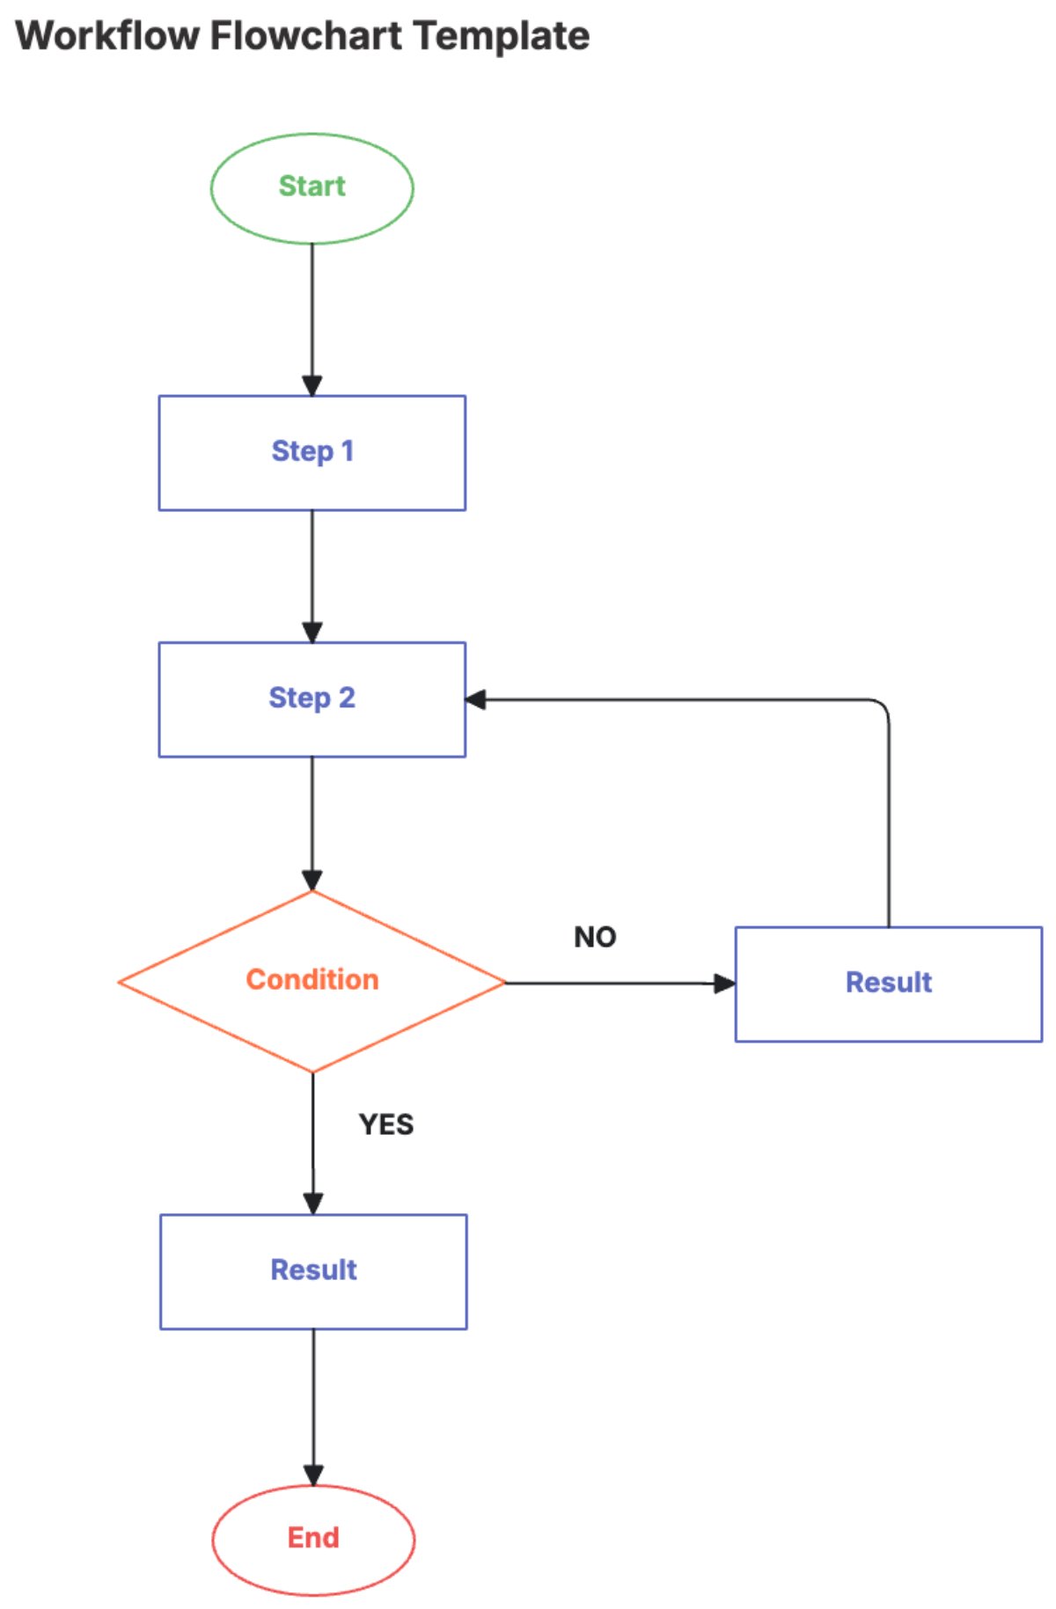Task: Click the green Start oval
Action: [312, 188]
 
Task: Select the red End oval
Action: [313, 1540]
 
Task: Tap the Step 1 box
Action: [312, 452]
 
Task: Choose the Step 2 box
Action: [312, 699]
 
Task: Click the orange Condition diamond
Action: [312, 981]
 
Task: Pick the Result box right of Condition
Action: [888, 984]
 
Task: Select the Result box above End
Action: [313, 1271]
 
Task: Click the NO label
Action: [595, 938]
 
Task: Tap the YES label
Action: [385, 1125]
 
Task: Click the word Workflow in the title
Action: [107, 37]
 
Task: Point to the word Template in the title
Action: [502, 37]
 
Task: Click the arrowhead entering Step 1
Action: [312, 386]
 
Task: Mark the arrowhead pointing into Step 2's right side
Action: [476, 700]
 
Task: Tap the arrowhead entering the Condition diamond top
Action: [312, 881]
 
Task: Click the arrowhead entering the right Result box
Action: [724, 984]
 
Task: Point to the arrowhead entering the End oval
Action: [313, 1475]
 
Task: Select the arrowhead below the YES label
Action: [313, 1203]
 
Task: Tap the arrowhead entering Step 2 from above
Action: [312, 633]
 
